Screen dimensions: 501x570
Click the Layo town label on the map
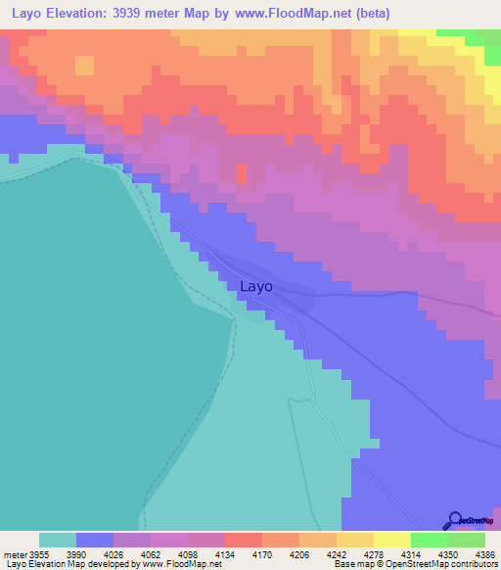coord(255,287)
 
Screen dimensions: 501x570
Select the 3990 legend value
coord(74,555)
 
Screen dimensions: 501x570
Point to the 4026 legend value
coord(113,555)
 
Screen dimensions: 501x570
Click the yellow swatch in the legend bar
coord(391,540)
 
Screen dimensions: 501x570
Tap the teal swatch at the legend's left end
coord(57,540)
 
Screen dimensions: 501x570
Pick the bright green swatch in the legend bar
coord(429,540)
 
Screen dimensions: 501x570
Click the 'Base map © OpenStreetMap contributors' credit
coord(414,565)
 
